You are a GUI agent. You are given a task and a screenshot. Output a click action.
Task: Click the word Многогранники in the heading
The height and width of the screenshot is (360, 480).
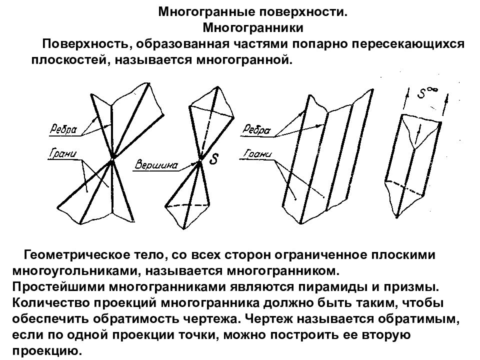253,28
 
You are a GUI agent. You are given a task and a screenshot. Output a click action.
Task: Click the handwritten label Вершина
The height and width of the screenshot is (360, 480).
156,165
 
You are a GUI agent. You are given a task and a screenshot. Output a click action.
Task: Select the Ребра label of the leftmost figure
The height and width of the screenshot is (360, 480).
63,129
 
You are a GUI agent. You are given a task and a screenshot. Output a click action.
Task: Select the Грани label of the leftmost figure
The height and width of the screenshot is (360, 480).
63,153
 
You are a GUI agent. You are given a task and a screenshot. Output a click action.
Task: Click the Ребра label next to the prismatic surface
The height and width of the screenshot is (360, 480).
256,129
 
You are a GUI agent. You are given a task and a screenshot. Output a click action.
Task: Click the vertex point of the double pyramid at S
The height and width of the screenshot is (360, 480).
200,160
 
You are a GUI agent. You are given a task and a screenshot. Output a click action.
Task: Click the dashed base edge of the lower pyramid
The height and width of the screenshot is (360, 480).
187,204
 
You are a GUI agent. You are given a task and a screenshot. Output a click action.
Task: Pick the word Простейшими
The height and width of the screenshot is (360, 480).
58,287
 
